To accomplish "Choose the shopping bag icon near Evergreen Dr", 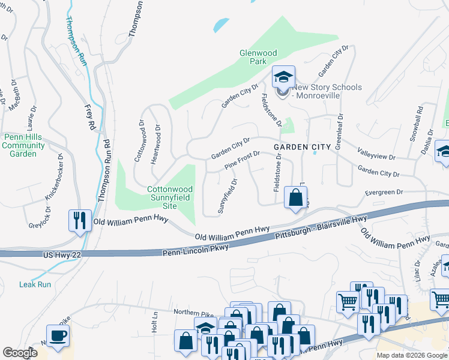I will (295, 197).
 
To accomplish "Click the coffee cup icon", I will (58, 336).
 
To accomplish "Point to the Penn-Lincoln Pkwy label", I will (195, 251).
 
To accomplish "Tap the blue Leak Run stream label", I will (35, 284).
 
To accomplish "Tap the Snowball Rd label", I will (416, 124).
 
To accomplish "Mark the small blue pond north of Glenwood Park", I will (221, 25).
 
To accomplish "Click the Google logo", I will (20, 353).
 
